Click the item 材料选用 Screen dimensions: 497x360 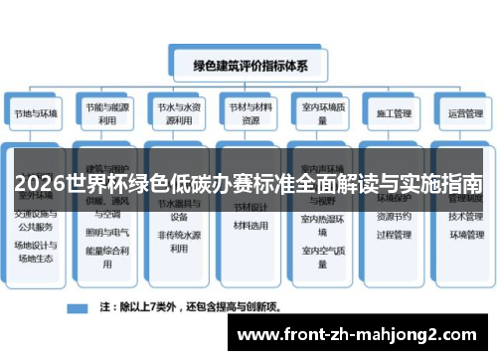[249, 226]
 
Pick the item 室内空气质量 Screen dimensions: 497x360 [321, 253]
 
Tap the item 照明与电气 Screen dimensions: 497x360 [108, 233]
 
